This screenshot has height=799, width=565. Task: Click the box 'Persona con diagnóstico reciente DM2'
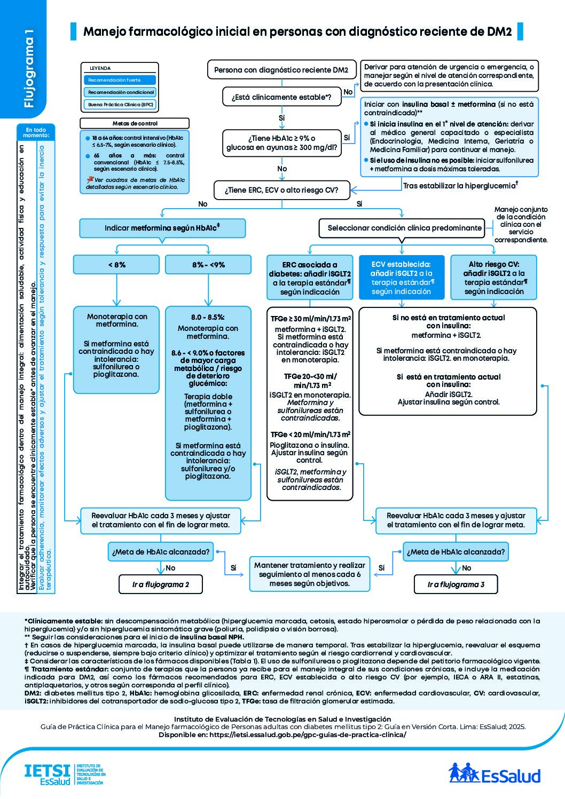click(281, 70)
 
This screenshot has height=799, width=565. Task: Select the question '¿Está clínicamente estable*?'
click(281, 97)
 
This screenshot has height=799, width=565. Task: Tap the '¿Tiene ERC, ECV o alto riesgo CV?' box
click(281, 190)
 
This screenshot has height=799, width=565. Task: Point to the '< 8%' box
click(116, 265)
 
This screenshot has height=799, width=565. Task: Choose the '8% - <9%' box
click(208, 265)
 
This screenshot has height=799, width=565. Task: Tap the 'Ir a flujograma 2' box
click(161, 584)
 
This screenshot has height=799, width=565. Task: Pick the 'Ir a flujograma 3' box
click(456, 584)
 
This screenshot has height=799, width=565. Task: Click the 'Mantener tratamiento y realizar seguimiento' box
click(310, 574)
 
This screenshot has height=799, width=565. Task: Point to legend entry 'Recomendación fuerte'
click(120, 80)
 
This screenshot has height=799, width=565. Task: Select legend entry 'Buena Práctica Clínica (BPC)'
click(120, 105)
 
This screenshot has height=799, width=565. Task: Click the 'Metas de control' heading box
click(135, 123)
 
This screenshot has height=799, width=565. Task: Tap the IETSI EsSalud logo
click(64, 774)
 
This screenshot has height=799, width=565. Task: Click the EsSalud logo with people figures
click(494, 773)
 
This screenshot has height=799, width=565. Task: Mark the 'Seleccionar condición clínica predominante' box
click(404, 228)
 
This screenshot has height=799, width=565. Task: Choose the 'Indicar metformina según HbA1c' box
click(162, 228)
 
